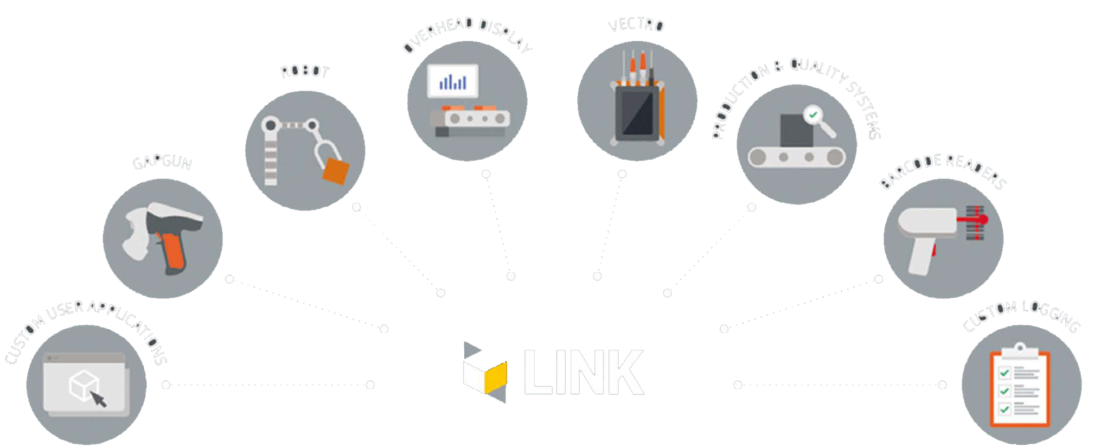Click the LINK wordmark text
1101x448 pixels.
(x=584, y=372)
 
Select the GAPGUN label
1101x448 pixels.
(x=162, y=162)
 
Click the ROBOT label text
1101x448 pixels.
(x=305, y=72)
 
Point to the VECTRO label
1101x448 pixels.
(x=636, y=25)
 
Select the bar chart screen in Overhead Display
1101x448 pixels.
(x=453, y=81)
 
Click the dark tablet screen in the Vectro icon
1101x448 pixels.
(x=637, y=113)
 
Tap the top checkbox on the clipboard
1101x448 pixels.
(x=1004, y=373)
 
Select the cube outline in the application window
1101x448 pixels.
(x=83, y=385)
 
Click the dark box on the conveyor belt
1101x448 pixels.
(x=796, y=130)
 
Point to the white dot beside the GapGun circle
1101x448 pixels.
(x=229, y=279)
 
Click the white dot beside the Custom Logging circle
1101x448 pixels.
(x=942, y=385)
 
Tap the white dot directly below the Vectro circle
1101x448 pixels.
(x=622, y=174)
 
